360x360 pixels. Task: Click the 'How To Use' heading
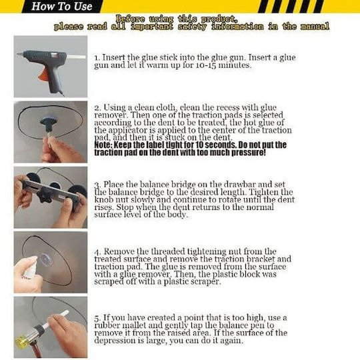(62, 6)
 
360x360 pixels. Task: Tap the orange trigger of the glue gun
(43, 74)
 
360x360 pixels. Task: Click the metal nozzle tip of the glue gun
(20, 55)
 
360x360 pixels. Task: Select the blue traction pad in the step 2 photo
(48, 120)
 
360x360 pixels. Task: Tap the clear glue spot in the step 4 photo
(45, 259)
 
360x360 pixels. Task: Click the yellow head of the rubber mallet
(22, 341)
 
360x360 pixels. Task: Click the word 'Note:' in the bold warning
(103, 145)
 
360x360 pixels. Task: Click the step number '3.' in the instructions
(97, 185)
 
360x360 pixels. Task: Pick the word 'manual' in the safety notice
(315, 27)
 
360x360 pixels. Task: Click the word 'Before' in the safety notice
(130, 19)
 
